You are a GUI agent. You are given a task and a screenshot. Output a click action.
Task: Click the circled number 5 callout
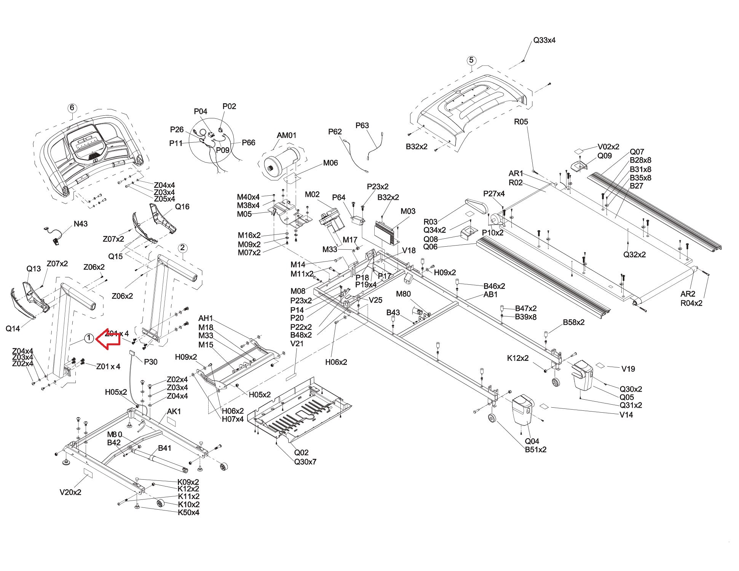pyautogui.click(x=471, y=60)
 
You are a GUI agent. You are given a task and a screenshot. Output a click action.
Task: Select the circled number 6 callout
pyautogui.click(x=72, y=108)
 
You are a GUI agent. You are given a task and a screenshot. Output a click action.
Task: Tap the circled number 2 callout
pyautogui.click(x=182, y=248)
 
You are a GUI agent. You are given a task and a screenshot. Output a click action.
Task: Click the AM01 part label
pyautogui.click(x=286, y=135)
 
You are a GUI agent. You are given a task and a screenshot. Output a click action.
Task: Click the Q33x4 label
pyautogui.click(x=544, y=40)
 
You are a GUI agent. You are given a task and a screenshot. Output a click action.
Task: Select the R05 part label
pyautogui.click(x=521, y=122)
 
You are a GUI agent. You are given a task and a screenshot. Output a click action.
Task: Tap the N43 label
pyautogui.click(x=80, y=224)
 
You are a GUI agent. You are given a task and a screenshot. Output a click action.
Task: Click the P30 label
pyautogui.click(x=150, y=362)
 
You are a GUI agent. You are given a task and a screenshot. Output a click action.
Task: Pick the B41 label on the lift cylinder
pyautogui.click(x=164, y=448)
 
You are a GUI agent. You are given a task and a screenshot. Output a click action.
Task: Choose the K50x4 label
pyautogui.click(x=188, y=512)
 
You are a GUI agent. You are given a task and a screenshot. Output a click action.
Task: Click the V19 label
pyautogui.click(x=628, y=368)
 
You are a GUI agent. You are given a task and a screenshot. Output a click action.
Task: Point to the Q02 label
pyautogui.click(x=301, y=453)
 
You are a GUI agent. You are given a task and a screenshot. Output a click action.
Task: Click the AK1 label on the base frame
pyautogui.click(x=174, y=412)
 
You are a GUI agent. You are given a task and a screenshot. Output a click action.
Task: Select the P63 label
pyautogui.click(x=362, y=125)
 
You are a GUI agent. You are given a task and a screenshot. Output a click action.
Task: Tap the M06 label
pyautogui.click(x=330, y=163)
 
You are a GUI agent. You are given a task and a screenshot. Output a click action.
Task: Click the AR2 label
pyautogui.click(x=688, y=294)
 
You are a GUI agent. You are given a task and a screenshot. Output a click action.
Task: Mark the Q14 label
pyautogui.click(x=13, y=328)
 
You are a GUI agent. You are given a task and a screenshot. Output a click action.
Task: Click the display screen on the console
pyautogui.click(x=86, y=143)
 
